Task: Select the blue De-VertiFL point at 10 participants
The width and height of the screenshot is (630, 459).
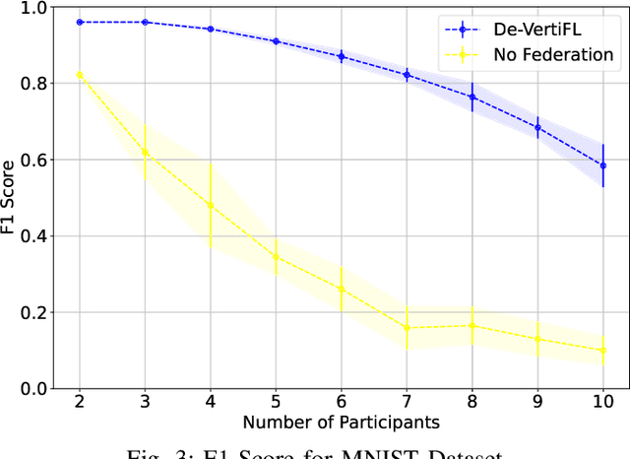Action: (602, 165)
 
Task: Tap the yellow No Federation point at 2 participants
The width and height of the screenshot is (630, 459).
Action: (80, 74)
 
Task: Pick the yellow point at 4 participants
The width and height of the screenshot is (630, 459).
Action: (211, 205)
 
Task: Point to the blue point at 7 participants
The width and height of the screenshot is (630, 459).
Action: (407, 75)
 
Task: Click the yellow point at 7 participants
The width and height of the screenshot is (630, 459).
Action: (407, 327)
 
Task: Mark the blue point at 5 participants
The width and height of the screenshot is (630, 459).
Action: (276, 41)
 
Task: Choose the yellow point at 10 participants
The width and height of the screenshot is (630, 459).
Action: (602, 350)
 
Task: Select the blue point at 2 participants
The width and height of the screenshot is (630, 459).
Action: (80, 22)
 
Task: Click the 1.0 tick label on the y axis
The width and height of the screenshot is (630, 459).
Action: (36, 8)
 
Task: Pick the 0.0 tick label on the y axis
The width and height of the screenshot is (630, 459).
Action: (36, 388)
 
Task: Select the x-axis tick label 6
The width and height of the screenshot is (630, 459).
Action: (341, 403)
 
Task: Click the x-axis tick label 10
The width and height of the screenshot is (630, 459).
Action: (602, 403)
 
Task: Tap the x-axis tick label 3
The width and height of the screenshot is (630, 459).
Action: (145, 403)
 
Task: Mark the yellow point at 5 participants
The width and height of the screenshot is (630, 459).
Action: (276, 257)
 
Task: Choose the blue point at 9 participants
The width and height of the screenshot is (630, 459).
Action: (537, 127)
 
